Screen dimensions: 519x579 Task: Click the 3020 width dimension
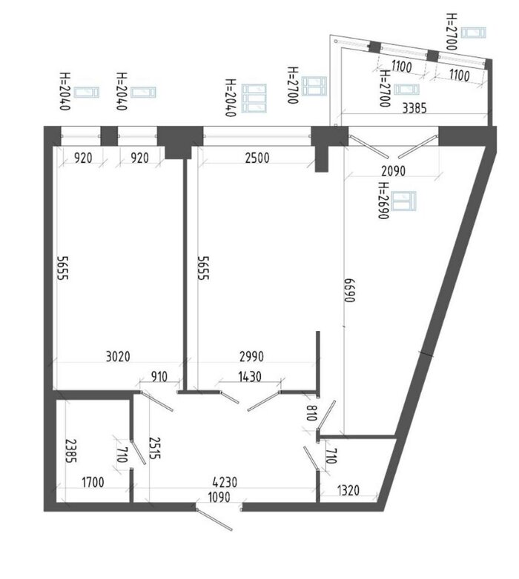tap(118, 357)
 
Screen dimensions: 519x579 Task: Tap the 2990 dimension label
tap(251, 357)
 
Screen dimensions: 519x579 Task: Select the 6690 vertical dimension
tap(350, 290)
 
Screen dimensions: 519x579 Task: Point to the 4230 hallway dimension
tap(225, 482)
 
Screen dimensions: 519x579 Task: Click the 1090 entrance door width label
tap(219, 497)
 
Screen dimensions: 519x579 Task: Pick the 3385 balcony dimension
tap(414, 109)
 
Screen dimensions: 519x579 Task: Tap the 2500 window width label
tap(257, 158)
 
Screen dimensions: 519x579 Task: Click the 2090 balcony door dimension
tap(393, 171)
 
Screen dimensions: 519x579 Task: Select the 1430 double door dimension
tap(250, 377)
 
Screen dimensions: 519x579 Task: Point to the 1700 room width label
tap(93, 482)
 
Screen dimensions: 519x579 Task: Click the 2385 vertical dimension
tap(70, 451)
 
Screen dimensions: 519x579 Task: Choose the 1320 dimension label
tap(348, 490)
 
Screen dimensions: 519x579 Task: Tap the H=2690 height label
tap(384, 201)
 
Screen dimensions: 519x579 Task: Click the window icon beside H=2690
tap(403, 201)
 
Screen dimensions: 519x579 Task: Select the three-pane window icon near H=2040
tap(254, 98)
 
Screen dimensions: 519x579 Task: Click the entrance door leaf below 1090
tap(214, 519)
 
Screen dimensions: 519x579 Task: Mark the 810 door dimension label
tap(311, 413)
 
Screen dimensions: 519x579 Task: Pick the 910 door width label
tap(159, 377)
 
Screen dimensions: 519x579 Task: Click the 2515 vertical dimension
tap(154, 448)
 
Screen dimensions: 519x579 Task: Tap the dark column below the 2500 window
tap(322, 159)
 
